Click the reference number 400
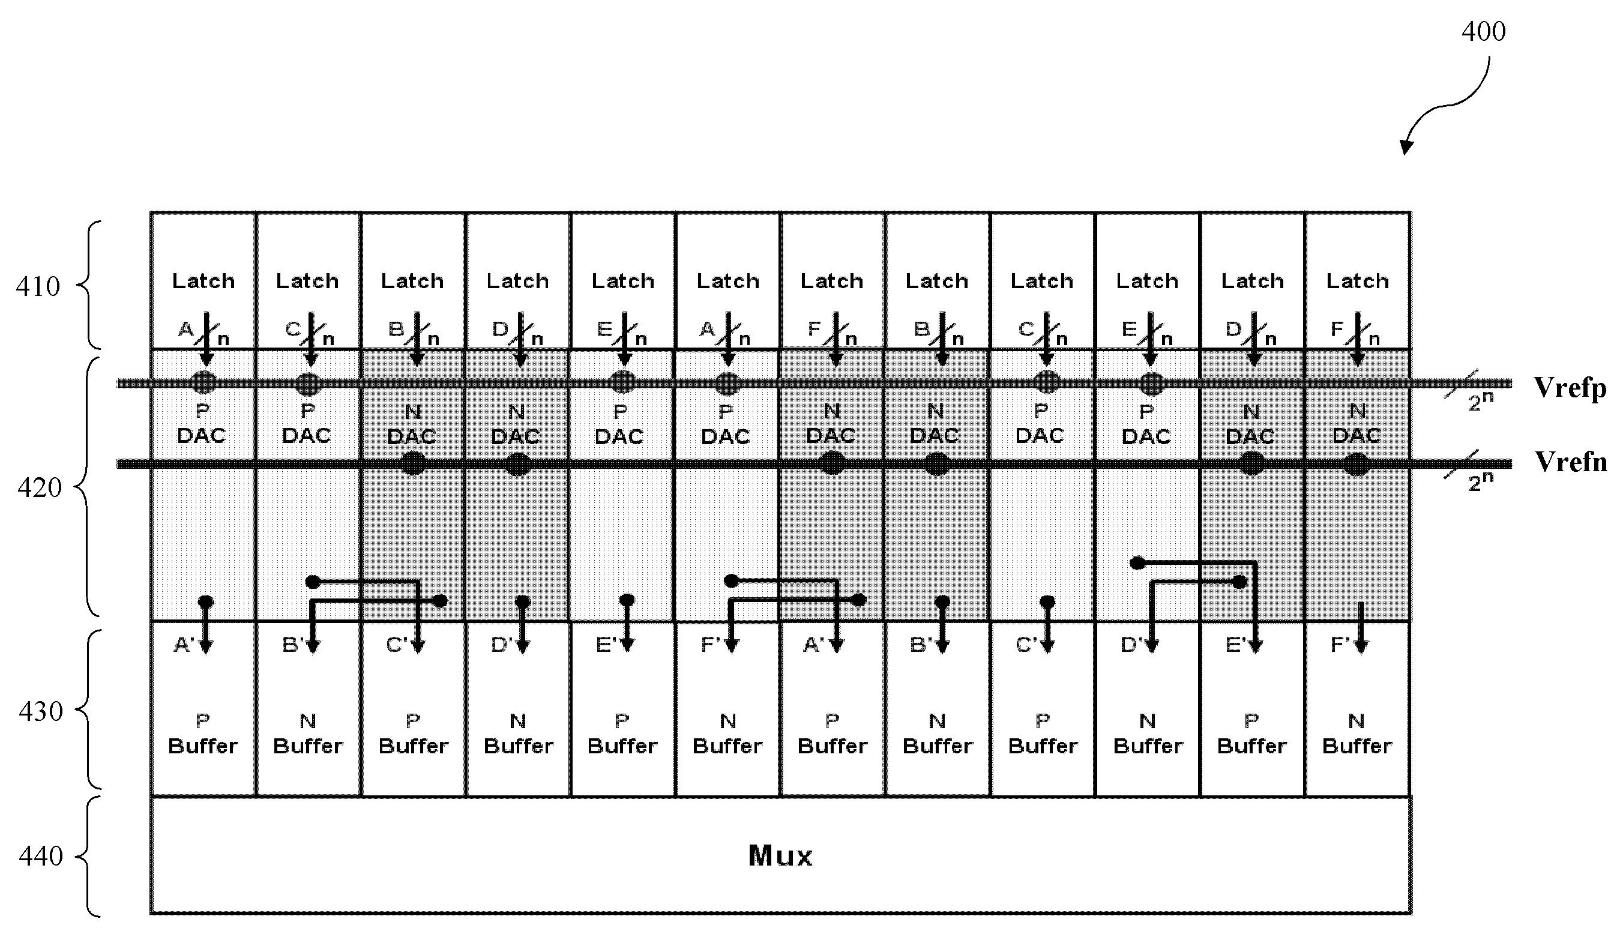tap(1483, 31)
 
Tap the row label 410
tap(38, 287)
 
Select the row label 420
tap(39, 488)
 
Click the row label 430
tap(40, 711)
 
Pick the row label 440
tap(40, 856)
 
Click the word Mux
tap(780, 856)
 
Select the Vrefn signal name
tap(1571, 462)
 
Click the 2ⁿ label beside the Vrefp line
tap(1481, 401)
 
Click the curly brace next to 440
tap(89, 857)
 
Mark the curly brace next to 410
tap(89, 285)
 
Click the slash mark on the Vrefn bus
tap(1461, 465)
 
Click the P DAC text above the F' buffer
tap(725, 424)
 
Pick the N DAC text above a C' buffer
tap(412, 424)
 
